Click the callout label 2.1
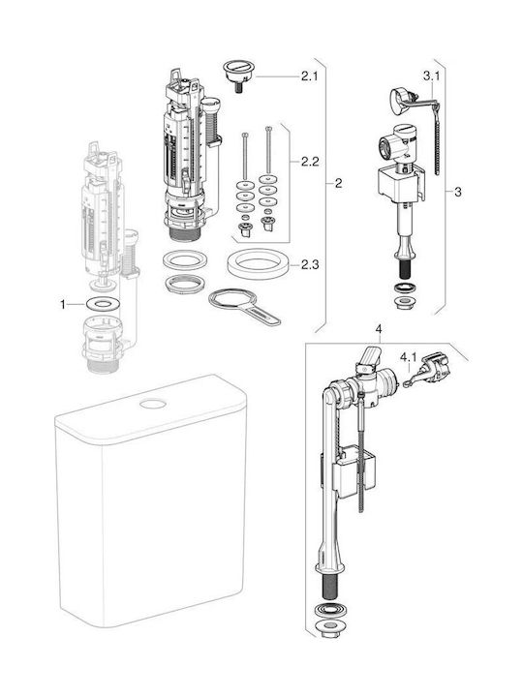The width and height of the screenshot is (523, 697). click(x=310, y=76)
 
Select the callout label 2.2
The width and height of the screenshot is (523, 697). click(x=310, y=161)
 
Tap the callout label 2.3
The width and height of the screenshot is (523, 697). click(x=310, y=265)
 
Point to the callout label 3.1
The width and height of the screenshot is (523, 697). click(x=431, y=76)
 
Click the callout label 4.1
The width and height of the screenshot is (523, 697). click(x=409, y=357)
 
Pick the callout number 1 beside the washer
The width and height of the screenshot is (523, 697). click(x=63, y=305)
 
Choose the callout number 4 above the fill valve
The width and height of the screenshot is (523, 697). click(x=379, y=329)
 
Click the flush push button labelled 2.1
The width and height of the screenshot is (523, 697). click(x=239, y=74)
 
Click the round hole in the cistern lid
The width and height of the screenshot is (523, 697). click(x=153, y=404)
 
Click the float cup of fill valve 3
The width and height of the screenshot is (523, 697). click(x=400, y=183)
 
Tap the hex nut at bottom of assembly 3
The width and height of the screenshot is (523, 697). click(x=404, y=304)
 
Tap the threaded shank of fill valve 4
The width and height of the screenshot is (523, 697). click(x=329, y=589)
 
